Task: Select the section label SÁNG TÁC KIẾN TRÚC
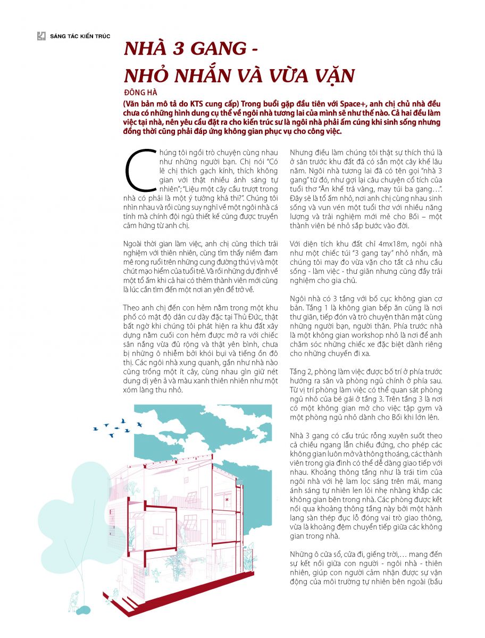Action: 80,36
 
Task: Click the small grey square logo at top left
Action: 41,36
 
